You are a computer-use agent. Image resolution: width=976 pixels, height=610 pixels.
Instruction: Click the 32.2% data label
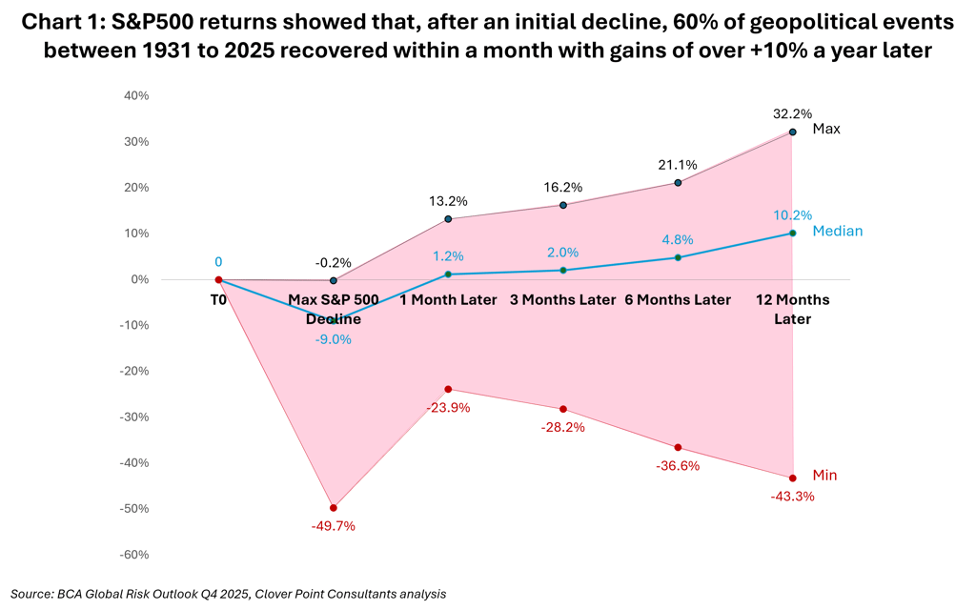792,113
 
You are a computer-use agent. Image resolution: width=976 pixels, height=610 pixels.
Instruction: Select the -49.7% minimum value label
334,526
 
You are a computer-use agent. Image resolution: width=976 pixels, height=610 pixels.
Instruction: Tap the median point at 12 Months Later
792,233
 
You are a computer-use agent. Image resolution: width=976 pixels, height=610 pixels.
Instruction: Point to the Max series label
826,129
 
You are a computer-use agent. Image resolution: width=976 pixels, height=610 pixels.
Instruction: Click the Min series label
824,475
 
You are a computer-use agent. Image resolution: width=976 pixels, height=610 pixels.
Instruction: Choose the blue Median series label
837,231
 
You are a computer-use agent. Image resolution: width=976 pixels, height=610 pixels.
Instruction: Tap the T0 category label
218,299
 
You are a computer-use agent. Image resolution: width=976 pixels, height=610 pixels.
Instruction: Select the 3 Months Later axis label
562,299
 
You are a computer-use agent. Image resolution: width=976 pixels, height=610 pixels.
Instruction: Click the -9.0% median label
334,339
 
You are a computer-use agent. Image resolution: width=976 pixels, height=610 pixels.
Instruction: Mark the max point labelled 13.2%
448,219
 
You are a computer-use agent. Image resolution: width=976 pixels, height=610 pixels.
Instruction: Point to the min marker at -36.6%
678,447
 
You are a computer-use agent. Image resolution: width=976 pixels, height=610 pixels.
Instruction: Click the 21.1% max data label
678,164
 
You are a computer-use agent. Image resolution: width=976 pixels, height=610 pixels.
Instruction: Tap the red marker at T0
218,279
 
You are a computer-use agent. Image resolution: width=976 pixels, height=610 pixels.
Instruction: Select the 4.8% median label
678,239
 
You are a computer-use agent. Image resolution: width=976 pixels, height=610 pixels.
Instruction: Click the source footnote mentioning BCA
228,593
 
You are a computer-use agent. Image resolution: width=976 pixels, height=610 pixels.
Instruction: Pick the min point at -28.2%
562,409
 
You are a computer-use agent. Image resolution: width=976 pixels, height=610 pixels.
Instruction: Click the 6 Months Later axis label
678,299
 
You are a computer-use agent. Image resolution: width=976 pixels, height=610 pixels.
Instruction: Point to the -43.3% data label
792,496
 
